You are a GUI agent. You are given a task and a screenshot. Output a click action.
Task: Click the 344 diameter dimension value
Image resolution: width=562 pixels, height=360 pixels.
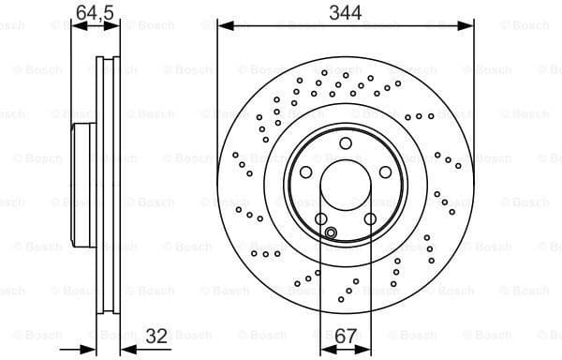click(x=344, y=12)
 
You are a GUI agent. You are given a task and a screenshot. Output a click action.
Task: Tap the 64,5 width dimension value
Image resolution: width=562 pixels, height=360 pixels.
click(x=96, y=12)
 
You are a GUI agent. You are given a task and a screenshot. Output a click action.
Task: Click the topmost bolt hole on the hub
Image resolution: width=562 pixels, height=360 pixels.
click(x=345, y=143)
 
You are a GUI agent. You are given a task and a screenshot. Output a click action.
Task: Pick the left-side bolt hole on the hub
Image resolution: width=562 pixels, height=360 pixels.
click(x=305, y=172)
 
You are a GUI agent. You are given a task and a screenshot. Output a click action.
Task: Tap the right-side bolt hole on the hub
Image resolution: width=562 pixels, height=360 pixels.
click(x=385, y=172)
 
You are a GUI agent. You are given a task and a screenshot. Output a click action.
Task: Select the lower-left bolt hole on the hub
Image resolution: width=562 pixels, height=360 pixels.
click(x=321, y=219)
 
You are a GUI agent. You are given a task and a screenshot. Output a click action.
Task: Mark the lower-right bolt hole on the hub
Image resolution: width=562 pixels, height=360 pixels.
click(x=370, y=219)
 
